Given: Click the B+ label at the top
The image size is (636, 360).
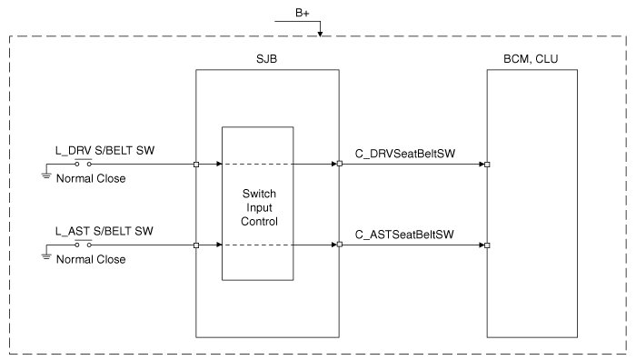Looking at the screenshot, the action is click(303, 13).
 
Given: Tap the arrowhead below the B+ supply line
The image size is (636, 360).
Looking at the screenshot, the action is click(320, 34).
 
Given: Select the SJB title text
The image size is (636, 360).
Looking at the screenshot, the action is click(266, 59).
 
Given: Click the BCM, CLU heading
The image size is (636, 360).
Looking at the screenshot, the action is click(531, 59).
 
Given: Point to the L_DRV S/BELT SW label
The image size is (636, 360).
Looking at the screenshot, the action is click(105, 151).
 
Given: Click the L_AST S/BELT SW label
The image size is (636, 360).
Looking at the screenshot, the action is click(104, 231).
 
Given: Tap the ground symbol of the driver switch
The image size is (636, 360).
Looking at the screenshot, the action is click(46, 175).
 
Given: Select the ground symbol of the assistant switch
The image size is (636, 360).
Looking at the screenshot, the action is click(46, 256).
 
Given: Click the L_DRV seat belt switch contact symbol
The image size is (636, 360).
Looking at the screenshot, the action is click(84, 163).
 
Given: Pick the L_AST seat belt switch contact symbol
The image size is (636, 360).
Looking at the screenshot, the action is click(84, 244).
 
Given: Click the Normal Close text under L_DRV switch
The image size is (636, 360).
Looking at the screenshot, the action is click(91, 178).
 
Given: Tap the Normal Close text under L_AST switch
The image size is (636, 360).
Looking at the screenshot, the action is click(91, 259).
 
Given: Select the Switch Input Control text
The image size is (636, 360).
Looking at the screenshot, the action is click(259, 207).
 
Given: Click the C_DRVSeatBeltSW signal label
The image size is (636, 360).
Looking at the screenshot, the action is click(405, 154).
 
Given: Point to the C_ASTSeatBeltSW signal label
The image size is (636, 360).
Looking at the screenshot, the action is click(404, 235).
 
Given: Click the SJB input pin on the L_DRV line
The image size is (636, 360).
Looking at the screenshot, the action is click(196, 165).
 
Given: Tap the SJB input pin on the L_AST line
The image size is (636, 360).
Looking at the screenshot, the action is click(196, 245).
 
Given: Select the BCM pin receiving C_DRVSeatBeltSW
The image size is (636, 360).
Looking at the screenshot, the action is click(487, 165).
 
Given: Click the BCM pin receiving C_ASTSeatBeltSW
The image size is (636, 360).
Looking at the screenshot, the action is click(487, 245).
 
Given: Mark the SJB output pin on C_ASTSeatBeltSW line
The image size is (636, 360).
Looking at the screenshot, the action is click(340, 245).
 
